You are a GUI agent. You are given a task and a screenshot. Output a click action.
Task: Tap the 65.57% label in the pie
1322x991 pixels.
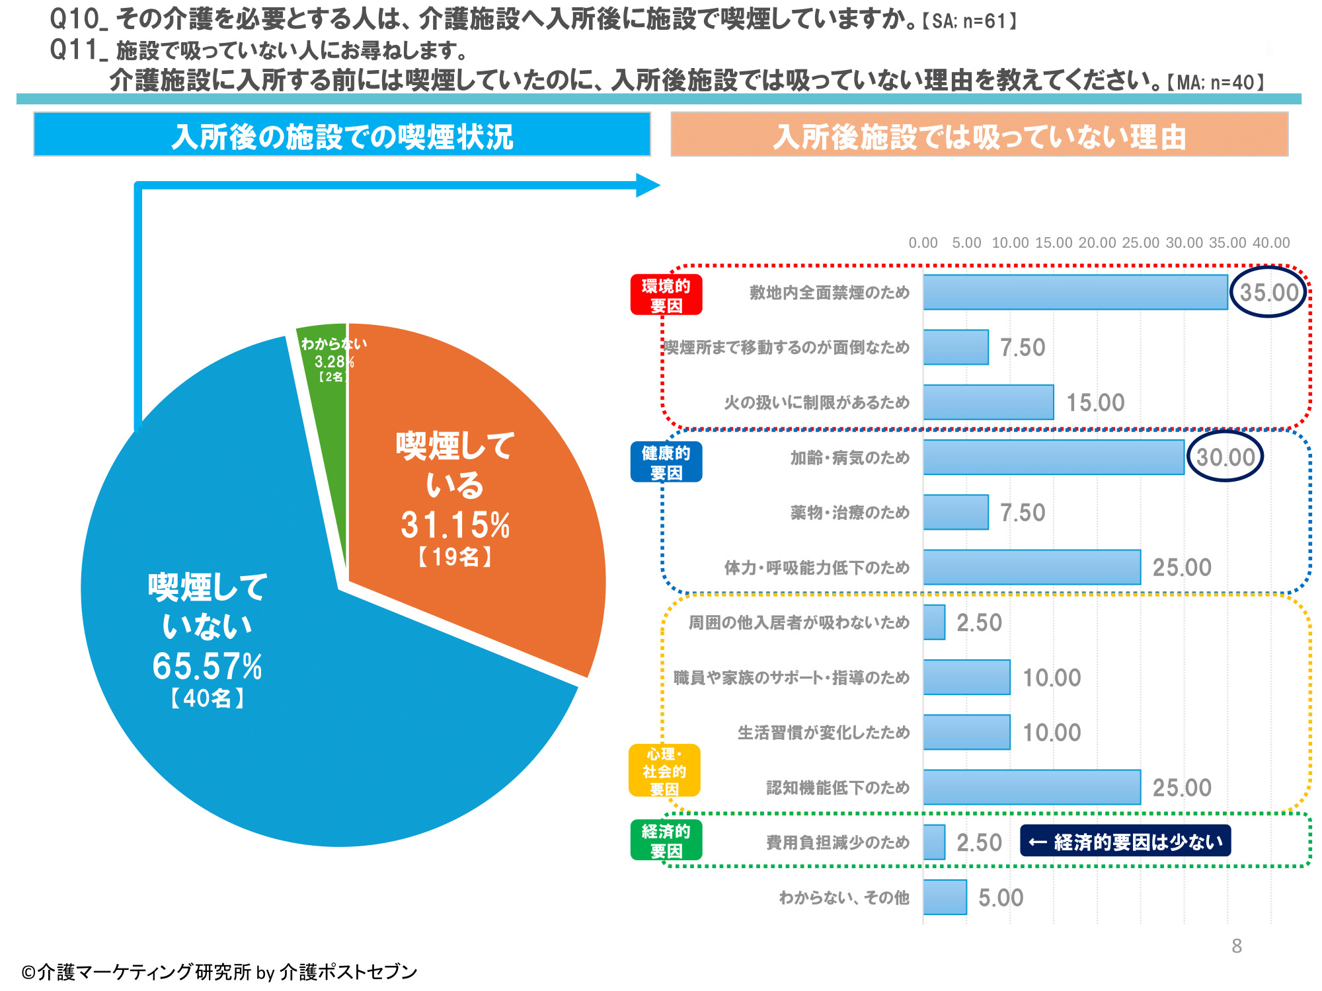(x=207, y=666)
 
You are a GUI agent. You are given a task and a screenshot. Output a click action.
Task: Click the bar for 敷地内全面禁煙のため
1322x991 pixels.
(x=1075, y=292)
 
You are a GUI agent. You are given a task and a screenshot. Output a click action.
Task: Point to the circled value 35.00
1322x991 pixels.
(x=1268, y=292)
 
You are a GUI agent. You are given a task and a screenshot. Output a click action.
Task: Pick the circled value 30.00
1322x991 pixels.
(x=1225, y=457)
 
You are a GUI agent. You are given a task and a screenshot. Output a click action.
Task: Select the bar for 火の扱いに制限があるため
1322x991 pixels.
(x=988, y=402)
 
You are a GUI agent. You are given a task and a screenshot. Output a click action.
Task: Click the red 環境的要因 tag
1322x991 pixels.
(x=666, y=295)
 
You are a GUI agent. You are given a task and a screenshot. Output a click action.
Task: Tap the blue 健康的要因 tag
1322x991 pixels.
(x=666, y=462)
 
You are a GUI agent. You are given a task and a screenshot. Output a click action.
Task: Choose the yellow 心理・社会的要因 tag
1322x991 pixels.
(x=664, y=771)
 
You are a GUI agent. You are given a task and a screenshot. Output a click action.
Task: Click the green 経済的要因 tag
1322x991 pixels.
(x=666, y=840)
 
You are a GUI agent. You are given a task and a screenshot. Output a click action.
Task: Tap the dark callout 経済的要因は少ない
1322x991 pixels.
(x=1125, y=842)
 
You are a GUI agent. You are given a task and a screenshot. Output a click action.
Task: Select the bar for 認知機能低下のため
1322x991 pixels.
(x=1031, y=788)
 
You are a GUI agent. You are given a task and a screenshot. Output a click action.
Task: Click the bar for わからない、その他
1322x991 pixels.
(x=945, y=897)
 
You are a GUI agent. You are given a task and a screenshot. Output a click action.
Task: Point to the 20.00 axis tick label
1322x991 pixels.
(x=1097, y=242)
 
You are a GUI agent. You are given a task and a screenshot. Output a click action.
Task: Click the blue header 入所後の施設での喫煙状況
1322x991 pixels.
(x=342, y=135)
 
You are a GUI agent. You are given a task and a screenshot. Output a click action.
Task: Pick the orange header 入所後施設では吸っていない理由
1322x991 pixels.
(x=979, y=135)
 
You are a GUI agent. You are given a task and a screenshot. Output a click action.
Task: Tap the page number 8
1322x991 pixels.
(x=1237, y=946)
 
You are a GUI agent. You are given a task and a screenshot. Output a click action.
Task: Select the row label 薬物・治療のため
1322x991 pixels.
(x=849, y=513)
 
